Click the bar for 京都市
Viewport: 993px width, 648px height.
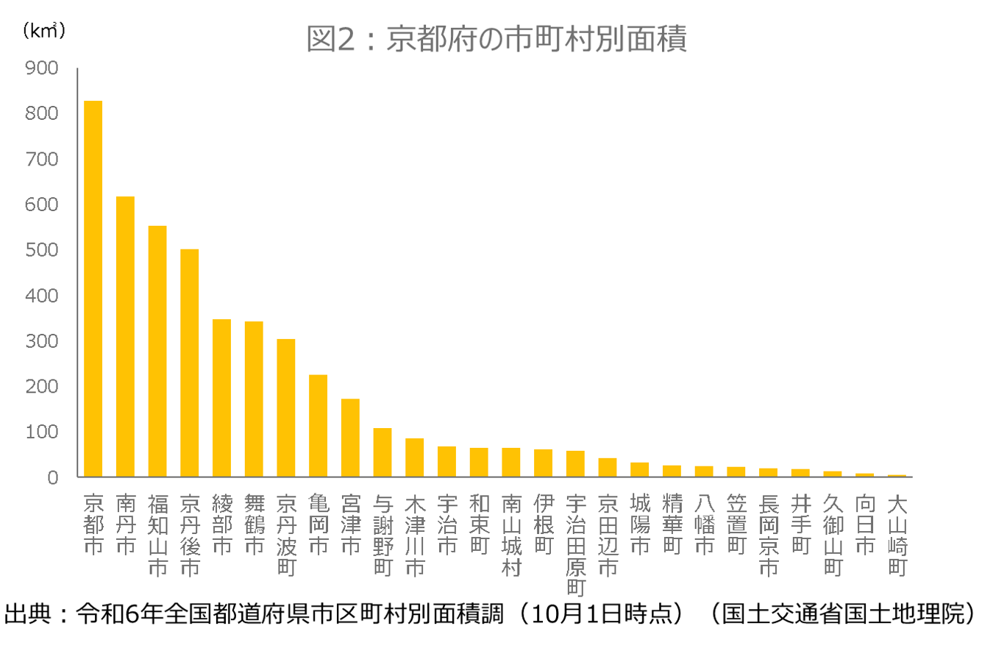click(x=93, y=288)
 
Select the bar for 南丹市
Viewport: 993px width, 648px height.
click(x=125, y=336)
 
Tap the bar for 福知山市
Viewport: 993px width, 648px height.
click(x=157, y=351)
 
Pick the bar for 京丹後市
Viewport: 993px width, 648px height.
click(x=190, y=363)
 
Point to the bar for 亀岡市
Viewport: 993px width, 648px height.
click(x=318, y=425)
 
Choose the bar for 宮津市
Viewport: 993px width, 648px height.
click(x=350, y=438)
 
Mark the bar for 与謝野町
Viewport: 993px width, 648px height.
click(x=382, y=452)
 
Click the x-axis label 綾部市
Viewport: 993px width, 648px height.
click(x=222, y=524)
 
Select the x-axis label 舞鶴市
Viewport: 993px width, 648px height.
click(x=254, y=524)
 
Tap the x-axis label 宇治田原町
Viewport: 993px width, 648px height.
click(x=576, y=545)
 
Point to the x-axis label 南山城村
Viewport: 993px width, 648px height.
click(x=511, y=535)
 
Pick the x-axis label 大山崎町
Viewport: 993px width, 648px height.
click(x=897, y=535)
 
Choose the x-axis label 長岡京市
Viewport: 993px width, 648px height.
click(x=769, y=535)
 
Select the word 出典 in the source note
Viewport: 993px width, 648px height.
click(x=26, y=614)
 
